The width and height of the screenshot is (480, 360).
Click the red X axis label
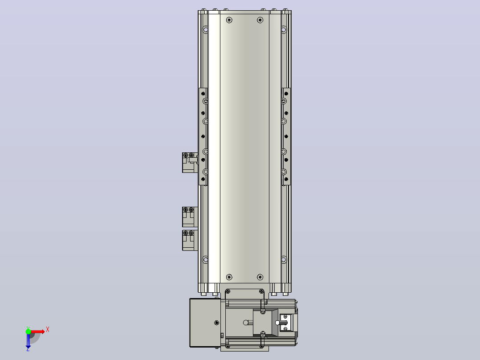coord(48,330)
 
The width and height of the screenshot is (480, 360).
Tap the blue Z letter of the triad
coord(28,349)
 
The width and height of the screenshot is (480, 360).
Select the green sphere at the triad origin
coord(28,331)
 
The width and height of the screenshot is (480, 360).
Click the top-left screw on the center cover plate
coord(229,20)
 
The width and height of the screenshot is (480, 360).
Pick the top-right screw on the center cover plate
coord(260,20)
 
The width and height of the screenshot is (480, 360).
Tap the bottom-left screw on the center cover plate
coord(229,277)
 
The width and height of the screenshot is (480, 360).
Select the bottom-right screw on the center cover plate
coord(260,277)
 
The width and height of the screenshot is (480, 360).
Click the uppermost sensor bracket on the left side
coord(190,163)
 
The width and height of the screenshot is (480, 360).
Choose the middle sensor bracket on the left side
coord(190,217)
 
